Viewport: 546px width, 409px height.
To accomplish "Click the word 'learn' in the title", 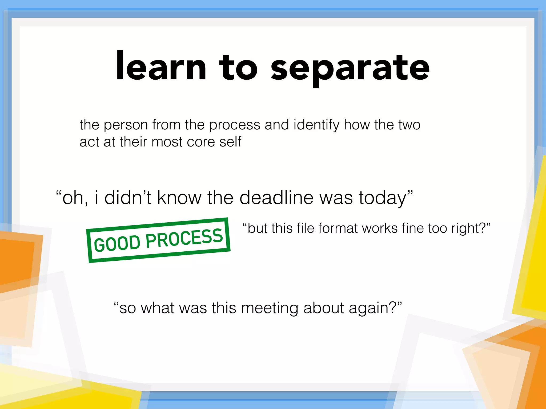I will pos(161,67).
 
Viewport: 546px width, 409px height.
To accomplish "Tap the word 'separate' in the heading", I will pos(350,68).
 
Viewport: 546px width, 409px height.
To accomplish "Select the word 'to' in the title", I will pos(238,68).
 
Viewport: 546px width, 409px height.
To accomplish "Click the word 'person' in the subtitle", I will pos(126,125).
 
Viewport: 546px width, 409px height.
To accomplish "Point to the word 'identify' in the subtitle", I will pos(316,125).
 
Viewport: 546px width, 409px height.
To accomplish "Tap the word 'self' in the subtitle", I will pos(230,142).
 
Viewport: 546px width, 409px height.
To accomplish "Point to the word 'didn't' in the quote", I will pos(128,198).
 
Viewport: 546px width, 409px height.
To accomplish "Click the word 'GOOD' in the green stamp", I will pos(117,243).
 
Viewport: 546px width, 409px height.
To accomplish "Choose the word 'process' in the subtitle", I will pos(234,125).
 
